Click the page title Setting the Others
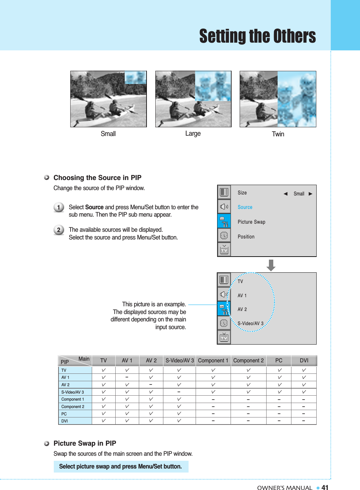257,36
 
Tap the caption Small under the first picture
108,134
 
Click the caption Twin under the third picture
278,134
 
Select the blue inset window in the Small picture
135,77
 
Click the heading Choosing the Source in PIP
97,178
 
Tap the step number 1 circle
59,207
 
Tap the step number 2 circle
59,230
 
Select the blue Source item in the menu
245,207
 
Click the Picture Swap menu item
251,222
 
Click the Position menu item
246,237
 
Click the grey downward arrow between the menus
271,265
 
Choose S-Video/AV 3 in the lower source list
250,323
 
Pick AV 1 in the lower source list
242,296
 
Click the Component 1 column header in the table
213,360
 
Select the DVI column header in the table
304,360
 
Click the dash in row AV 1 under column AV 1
127,377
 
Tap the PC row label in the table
64,414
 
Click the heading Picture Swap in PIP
85,443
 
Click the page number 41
325,487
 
